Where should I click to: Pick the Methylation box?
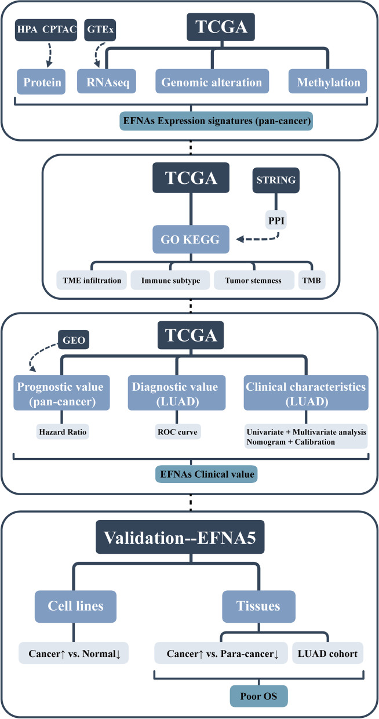(329, 83)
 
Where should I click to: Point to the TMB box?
(312, 281)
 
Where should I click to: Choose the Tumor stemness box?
(249, 281)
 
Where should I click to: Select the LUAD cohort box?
(329, 653)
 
